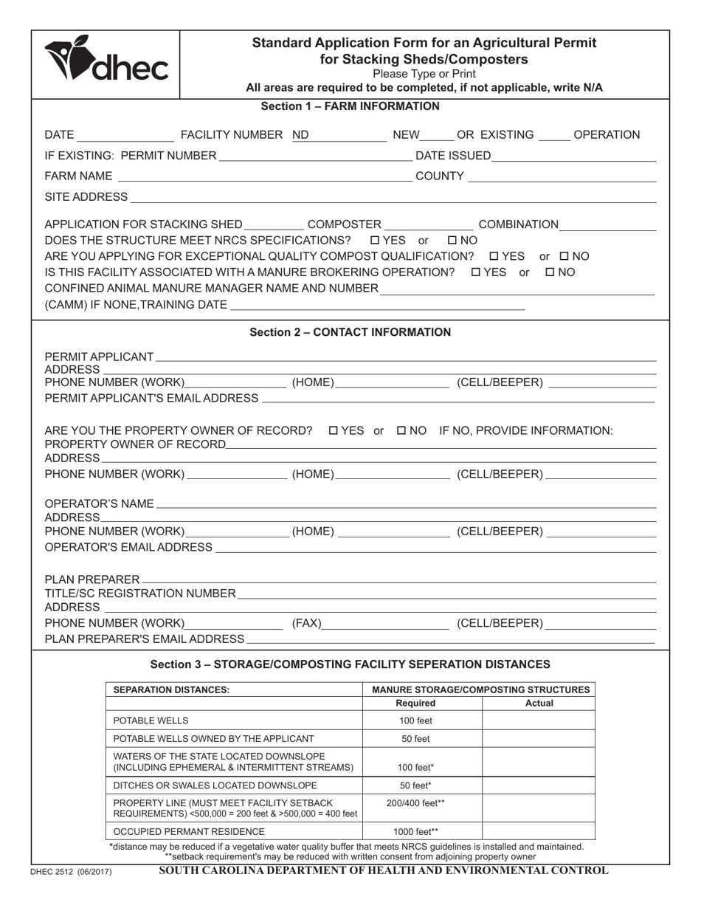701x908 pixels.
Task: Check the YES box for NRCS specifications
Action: (374, 241)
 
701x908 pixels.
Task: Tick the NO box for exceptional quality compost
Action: (564, 256)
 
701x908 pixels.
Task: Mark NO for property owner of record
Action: (402, 430)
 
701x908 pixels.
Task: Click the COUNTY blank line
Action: (562, 176)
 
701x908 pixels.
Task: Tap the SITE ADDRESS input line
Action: (392, 197)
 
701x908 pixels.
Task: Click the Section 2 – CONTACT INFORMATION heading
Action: (350, 332)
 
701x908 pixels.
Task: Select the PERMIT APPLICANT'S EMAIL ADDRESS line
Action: (457, 398)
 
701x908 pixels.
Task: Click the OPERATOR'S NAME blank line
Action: (406, 503)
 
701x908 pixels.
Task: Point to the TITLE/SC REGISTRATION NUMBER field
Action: (446, 594)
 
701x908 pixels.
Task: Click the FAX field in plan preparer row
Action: (386, 624)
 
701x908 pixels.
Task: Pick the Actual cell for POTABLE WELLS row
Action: (539, 720)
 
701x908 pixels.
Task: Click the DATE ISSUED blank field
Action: (574, 156)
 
